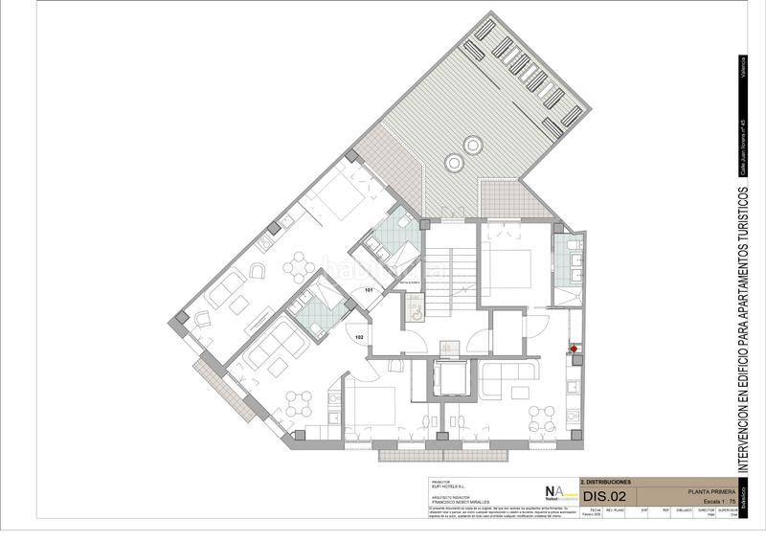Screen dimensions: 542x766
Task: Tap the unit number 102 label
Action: tap(359, 337)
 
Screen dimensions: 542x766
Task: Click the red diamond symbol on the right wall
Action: tap(574, 349)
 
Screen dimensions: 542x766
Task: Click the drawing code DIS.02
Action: tap(604, 496)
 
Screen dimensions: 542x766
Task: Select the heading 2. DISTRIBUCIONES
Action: tap(606, 482)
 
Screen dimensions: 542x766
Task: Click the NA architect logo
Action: tap(554, 491)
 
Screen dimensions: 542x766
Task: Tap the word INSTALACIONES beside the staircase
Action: tap(411, 283)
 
